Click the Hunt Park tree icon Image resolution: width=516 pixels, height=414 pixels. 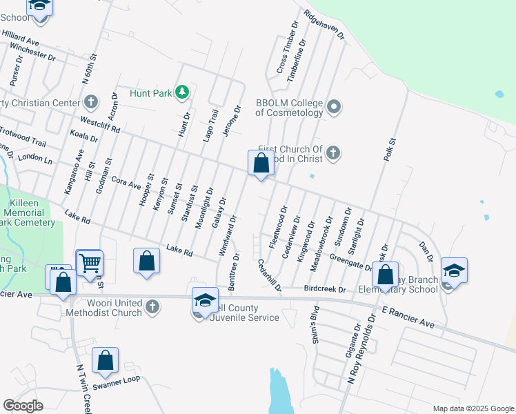[182, 91]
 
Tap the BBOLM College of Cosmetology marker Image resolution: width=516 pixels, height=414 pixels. [334, 106]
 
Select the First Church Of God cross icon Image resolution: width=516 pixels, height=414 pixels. [333, 152]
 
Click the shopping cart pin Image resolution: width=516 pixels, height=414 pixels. [89, 263]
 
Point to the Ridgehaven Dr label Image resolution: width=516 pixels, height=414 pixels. [324, 24]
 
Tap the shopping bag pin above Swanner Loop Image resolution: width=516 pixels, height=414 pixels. [105, 360]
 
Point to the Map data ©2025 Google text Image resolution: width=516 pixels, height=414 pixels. [473, 408]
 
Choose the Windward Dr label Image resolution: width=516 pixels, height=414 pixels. [228, 237]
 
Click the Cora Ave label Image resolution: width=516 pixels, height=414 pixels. [126, 182]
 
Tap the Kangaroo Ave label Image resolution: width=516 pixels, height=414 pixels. [77, 175]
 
